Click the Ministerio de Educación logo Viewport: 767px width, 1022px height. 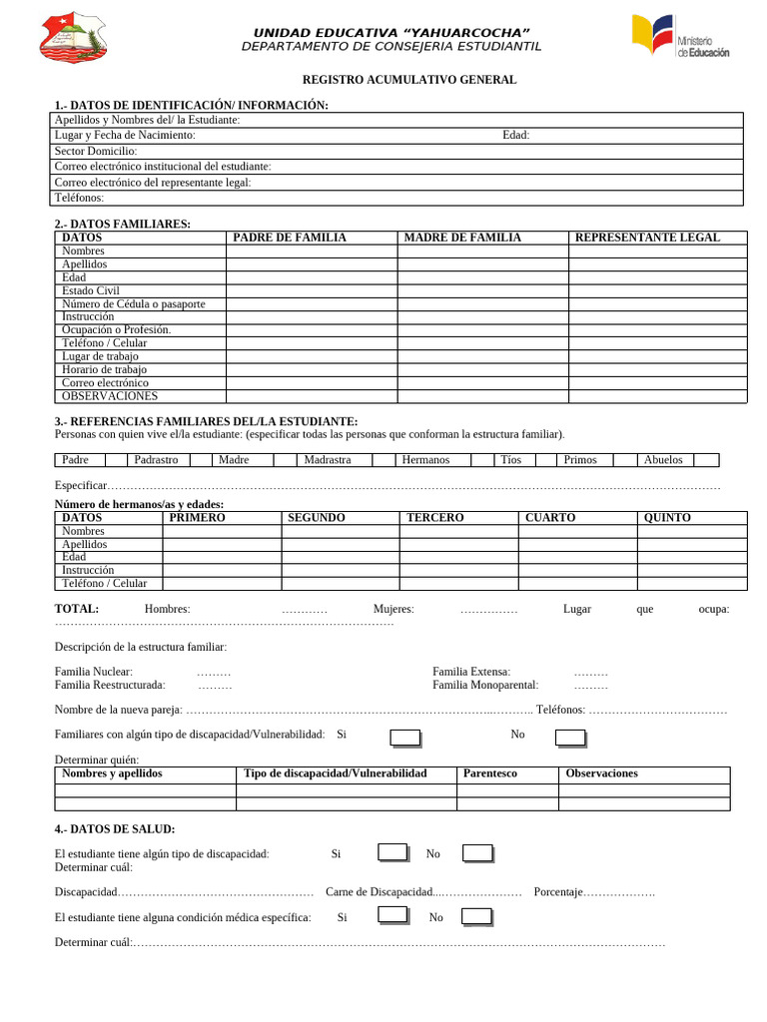680,37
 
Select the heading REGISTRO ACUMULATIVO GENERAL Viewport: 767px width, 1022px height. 409,80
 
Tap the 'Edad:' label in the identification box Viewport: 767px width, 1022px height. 515,136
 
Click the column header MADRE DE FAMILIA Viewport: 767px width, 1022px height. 462,238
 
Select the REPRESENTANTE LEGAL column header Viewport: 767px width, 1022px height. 647,238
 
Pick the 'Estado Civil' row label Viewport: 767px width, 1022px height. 90,290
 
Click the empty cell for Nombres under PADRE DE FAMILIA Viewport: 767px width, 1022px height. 311,252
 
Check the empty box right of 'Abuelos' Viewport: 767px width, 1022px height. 706,460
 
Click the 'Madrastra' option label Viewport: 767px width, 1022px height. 328,460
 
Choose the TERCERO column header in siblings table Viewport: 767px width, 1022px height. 434,518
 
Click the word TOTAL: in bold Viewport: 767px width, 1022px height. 77,609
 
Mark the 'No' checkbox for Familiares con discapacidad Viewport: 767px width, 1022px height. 570,738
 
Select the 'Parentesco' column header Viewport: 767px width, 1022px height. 490,773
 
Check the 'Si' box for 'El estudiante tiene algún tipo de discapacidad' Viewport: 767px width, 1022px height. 392,852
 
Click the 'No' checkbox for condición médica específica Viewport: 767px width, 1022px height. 476,916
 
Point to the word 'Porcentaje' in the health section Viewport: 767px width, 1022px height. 558,891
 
